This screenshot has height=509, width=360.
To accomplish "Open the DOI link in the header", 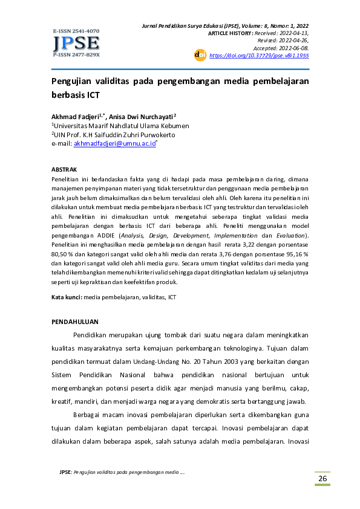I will [x=259, y=55].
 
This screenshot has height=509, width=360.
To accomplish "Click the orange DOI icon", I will [x=200, y=55].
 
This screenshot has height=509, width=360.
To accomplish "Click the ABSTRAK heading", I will [x=64, y=171].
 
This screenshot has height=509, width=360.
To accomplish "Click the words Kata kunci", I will [x=66, y=297].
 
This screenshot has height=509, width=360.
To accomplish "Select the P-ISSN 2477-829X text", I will [x=76, y=54].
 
